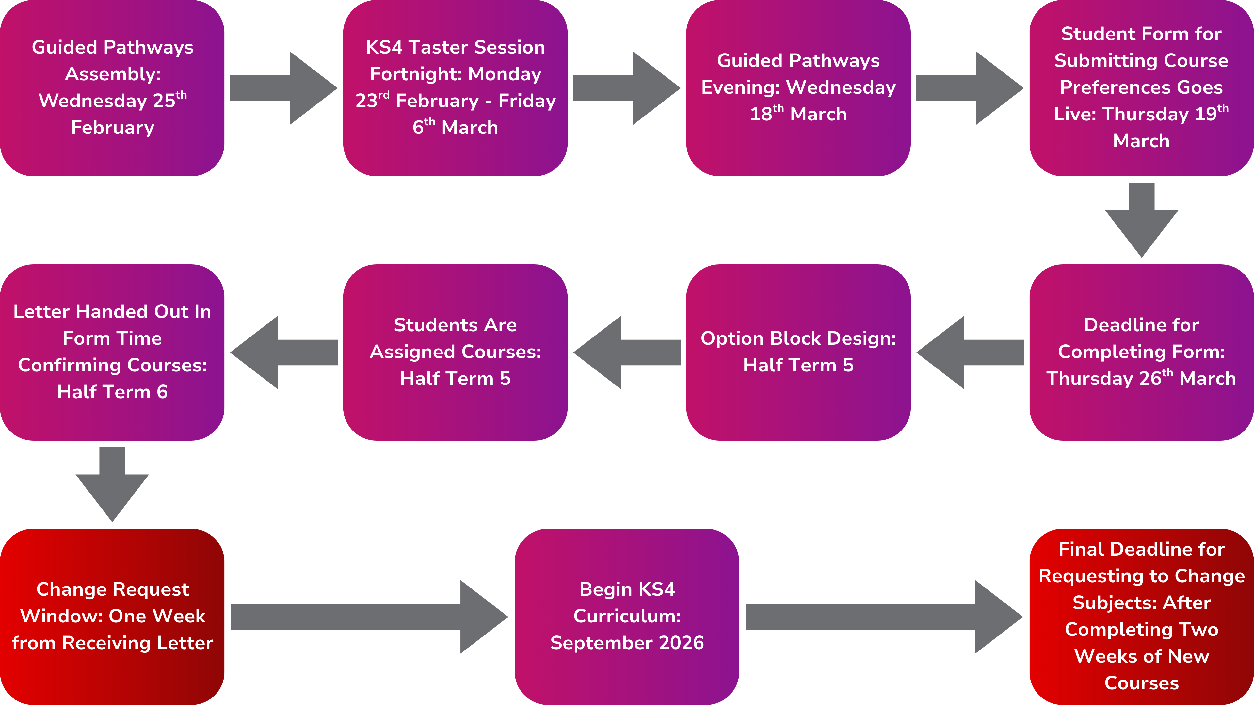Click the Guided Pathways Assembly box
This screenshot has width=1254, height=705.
tap(112, 87)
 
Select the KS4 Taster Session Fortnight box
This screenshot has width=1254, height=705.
tap(455, 87)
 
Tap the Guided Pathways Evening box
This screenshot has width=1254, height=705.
tap(798, 87)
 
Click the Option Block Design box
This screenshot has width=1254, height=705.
tap(798, 352)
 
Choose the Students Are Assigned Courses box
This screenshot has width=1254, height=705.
tap(455, 352)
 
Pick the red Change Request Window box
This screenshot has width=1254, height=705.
tap(112, 616)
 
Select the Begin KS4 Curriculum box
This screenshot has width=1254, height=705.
tap(627, 616)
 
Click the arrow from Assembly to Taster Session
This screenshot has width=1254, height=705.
tap(284, 88)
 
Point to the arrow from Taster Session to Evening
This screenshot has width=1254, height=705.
tap(627, 88)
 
